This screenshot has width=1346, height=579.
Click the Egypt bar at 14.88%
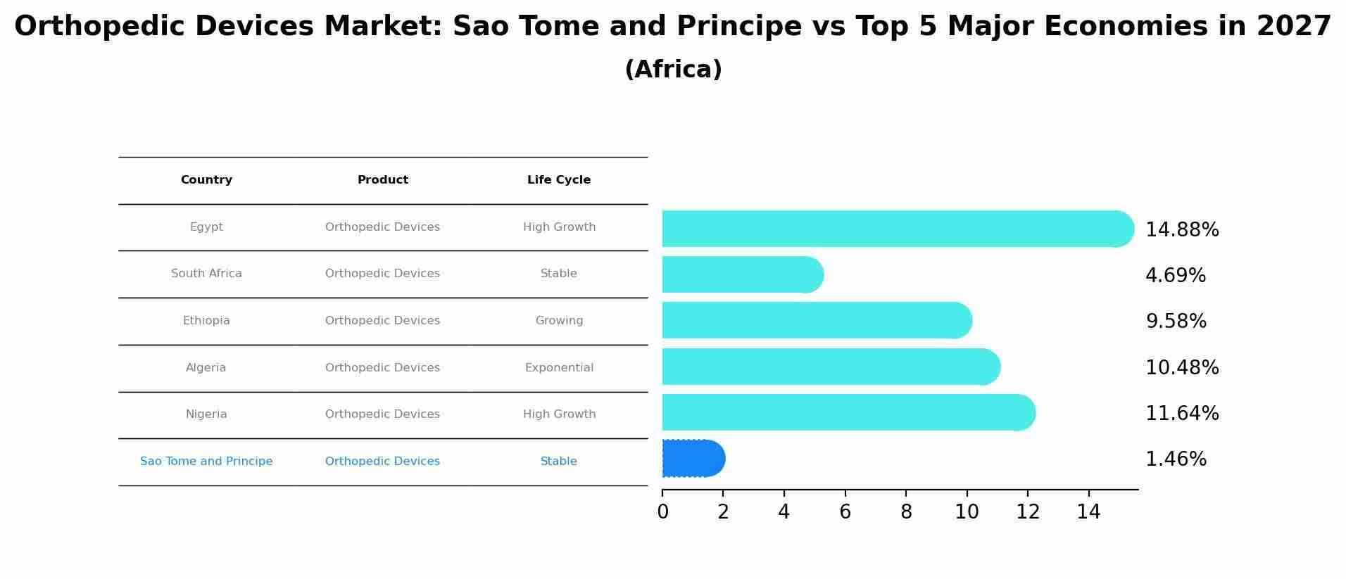[894, 229]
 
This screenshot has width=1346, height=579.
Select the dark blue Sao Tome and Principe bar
[692, 459]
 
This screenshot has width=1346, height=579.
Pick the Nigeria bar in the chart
[845, 412]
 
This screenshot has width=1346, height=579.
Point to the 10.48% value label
[1181, 367]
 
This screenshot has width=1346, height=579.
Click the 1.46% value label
[1175, 459]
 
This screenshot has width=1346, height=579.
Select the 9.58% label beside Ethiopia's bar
[1176, 322]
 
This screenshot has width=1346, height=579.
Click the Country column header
[206, 180]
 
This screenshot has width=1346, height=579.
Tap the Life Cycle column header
[558, 180]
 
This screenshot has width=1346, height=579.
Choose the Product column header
[382, 180]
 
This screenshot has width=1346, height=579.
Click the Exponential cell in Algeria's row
[559, 368]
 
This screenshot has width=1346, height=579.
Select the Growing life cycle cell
[559, 321]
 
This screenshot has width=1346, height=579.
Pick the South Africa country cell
[206, 274]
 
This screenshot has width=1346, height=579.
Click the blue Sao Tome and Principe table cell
[206, 462]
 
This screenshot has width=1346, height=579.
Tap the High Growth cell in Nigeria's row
[559, 414]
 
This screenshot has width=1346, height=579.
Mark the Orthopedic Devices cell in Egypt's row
[382, 227]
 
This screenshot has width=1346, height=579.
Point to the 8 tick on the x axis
[906, 512]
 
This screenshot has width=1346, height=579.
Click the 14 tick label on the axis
[1088, 512]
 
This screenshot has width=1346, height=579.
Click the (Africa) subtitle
[673, 70]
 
